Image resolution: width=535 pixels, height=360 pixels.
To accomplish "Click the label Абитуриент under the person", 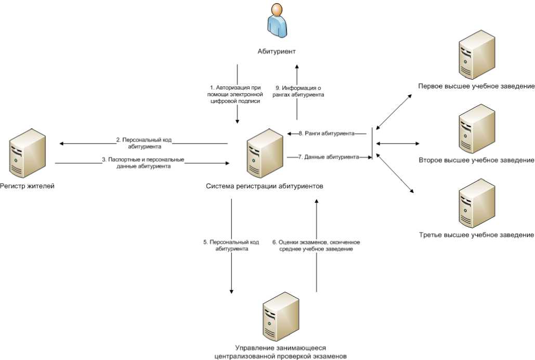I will tap(277, 52).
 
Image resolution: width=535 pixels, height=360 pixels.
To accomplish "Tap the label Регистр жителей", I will tap(27, 186).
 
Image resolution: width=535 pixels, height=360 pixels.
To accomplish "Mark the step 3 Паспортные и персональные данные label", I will tap(143, 163).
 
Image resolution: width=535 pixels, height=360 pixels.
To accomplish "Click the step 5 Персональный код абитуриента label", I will tap(231, 246).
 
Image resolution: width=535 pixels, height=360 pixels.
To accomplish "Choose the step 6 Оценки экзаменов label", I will tap(316, 246).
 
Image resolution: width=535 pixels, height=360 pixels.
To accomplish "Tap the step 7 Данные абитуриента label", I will tap(328, 157).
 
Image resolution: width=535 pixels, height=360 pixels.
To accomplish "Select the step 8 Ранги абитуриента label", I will tap(328, 134).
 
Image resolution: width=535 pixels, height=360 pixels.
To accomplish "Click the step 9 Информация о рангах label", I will tap(298, 92).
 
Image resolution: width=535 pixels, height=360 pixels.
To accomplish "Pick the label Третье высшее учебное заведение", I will tap(476, 235).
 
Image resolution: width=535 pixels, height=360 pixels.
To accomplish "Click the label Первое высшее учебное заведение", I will tap(476, 85).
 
